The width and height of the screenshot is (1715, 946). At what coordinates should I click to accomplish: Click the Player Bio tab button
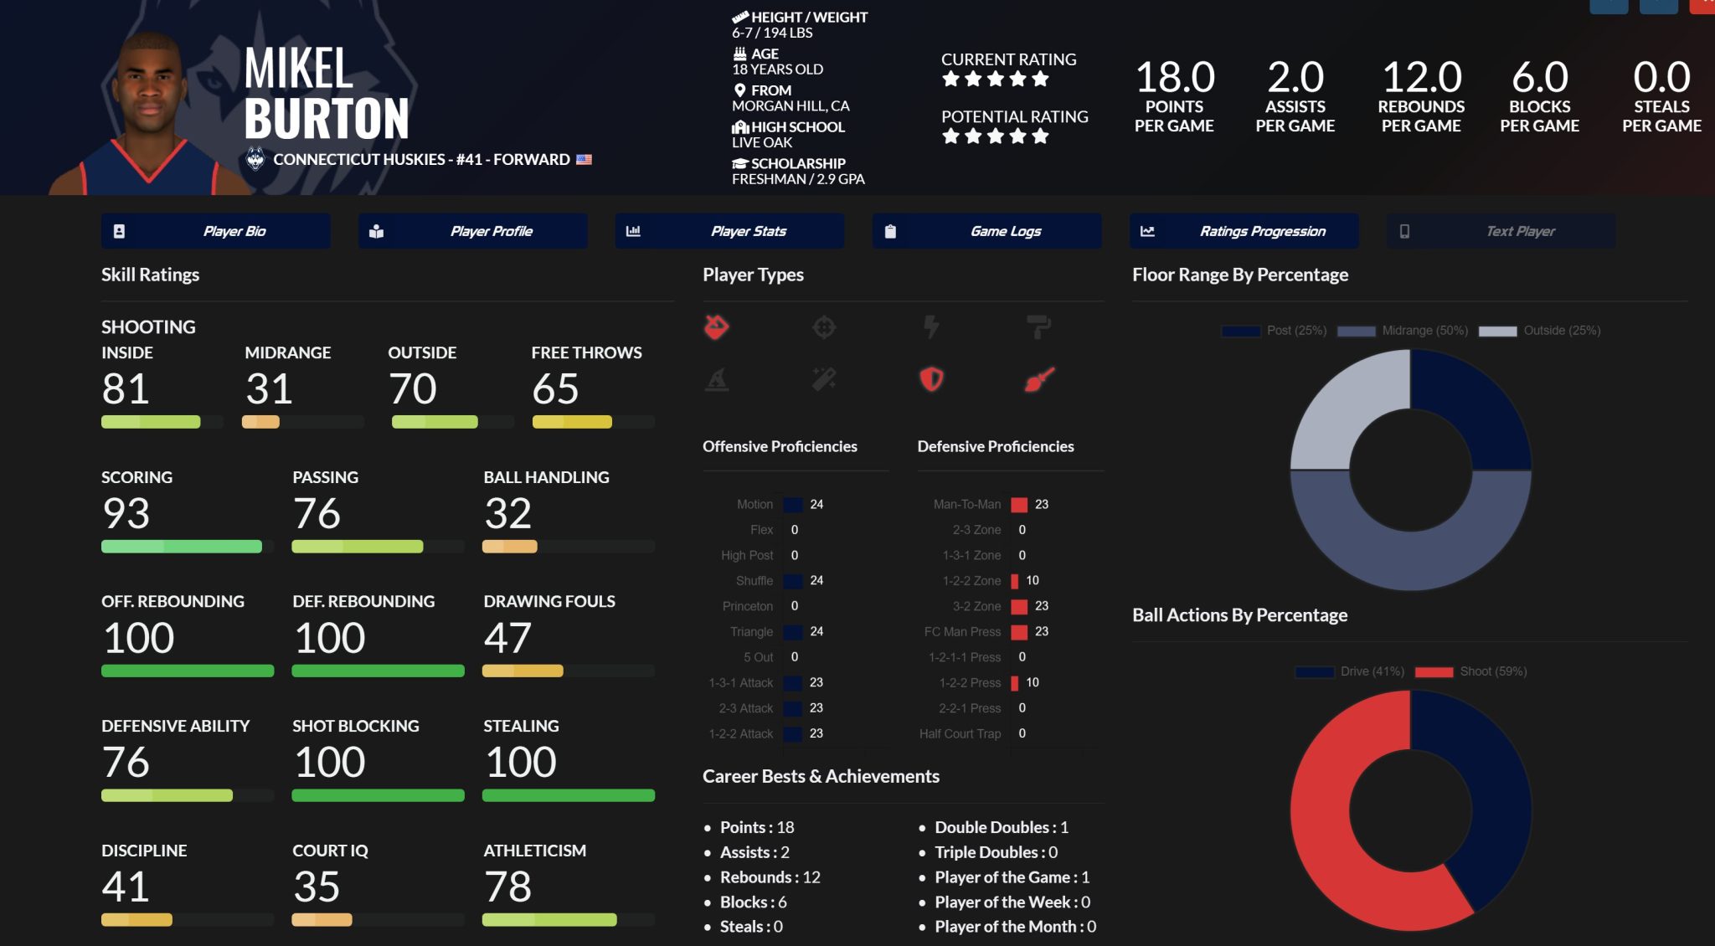[x=216, y=231]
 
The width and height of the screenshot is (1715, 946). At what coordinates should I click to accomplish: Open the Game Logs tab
[x=986, y=231]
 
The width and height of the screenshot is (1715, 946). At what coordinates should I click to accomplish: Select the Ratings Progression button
[x=1244, y=231]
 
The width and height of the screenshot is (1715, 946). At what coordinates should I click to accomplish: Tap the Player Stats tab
[x=729, y=231]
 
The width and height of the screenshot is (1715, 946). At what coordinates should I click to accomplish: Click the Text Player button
[x=1501, y=231]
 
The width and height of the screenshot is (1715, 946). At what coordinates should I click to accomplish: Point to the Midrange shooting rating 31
[x=269, y=388]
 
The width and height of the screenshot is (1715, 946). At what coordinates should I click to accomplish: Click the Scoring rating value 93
[x=126, y=513]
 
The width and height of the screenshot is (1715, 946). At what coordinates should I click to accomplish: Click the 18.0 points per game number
[x=1174, y=78]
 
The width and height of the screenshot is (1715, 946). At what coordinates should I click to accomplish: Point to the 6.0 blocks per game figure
[x=1539, y=78]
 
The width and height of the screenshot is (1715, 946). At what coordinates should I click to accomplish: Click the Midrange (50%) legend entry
[x=1403, y=331]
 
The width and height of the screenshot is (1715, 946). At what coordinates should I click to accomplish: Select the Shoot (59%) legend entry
[x=1471, y=671]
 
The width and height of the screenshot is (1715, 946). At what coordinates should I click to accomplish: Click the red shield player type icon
[x=931, y=379]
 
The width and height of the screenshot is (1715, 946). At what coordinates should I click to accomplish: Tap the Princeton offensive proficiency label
[x=748, y=606]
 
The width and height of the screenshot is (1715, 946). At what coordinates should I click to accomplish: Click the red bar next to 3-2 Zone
[x=1019, y=606]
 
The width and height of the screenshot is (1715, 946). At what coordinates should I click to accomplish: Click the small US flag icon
[x=584, y=159]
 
